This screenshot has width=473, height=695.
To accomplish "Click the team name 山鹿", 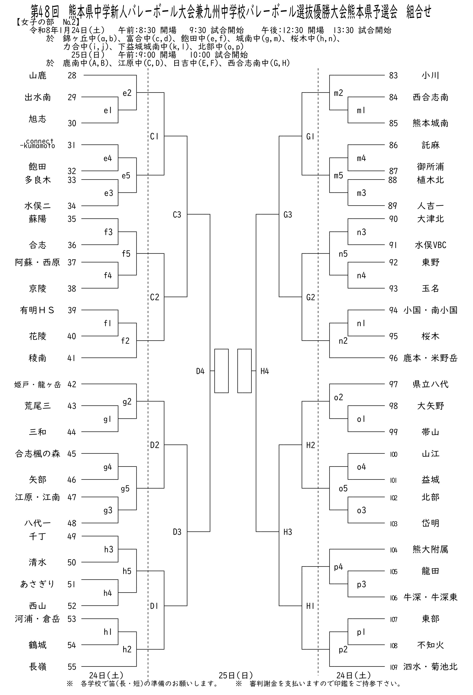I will pyautogui.click(x=38, y=75).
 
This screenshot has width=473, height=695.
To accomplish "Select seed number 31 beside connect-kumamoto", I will pyautogui.click(x=72, y=145).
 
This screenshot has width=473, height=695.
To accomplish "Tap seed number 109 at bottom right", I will pyautogui.click(x=394, y=667).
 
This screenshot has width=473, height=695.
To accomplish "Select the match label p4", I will pyautogui.click(x=338, y=567).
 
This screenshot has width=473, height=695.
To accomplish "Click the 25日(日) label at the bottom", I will pyautogui.click(x=236, y=675).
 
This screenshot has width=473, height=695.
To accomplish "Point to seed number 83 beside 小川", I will pyautogui.click(x=394, y=75).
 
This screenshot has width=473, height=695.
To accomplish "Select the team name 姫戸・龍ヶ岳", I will pyautogui.click(x=37, y=384).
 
